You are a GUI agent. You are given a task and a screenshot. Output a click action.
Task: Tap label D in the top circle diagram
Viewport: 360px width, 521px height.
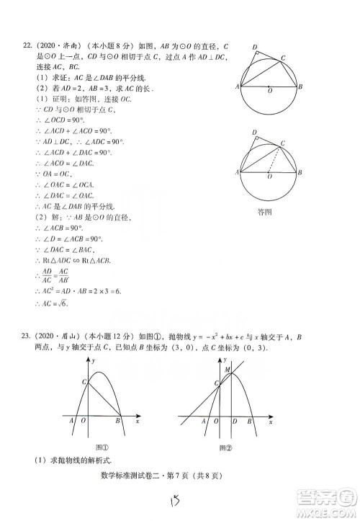tap(255, 48)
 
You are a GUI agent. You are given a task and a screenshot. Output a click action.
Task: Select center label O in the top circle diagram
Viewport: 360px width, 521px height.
tap(269, 91)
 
